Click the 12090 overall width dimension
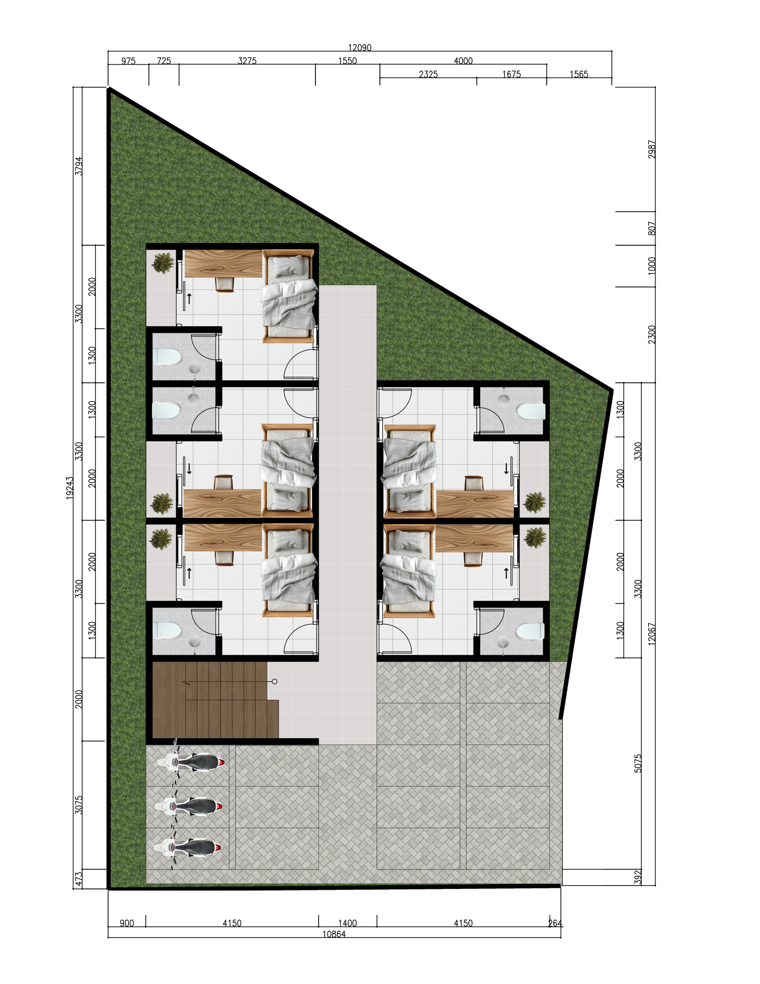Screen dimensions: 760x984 [360, 48]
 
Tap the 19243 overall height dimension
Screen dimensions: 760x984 [70, 487]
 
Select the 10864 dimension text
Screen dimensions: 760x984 [334, 934]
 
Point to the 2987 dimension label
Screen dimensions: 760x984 [652, 149]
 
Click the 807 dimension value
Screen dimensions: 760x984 [652, 229]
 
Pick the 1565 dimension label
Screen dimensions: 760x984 [579, 74]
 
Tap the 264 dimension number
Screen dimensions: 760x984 [555, 923]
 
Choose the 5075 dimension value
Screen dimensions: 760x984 [637, 763]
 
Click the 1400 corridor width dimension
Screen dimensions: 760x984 [347, 923]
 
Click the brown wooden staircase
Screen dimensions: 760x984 [215, 699]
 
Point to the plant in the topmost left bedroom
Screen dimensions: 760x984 [163, 263]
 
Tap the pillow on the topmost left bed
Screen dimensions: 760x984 [288, 266]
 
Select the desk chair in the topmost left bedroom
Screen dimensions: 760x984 [225, 284]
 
